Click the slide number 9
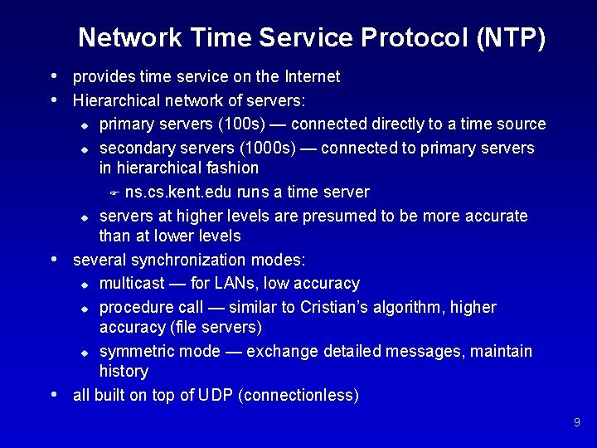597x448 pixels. click(x=576, y=423)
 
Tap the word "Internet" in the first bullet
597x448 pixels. click(x=312, y=77)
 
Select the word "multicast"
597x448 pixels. click(x=130, y=284)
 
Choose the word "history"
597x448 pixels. click(x=124, y=371)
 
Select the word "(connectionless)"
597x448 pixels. click(x=298, y=396)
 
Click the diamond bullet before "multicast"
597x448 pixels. click(x=85, y=285)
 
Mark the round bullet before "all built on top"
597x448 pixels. click(x=54, y=394)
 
